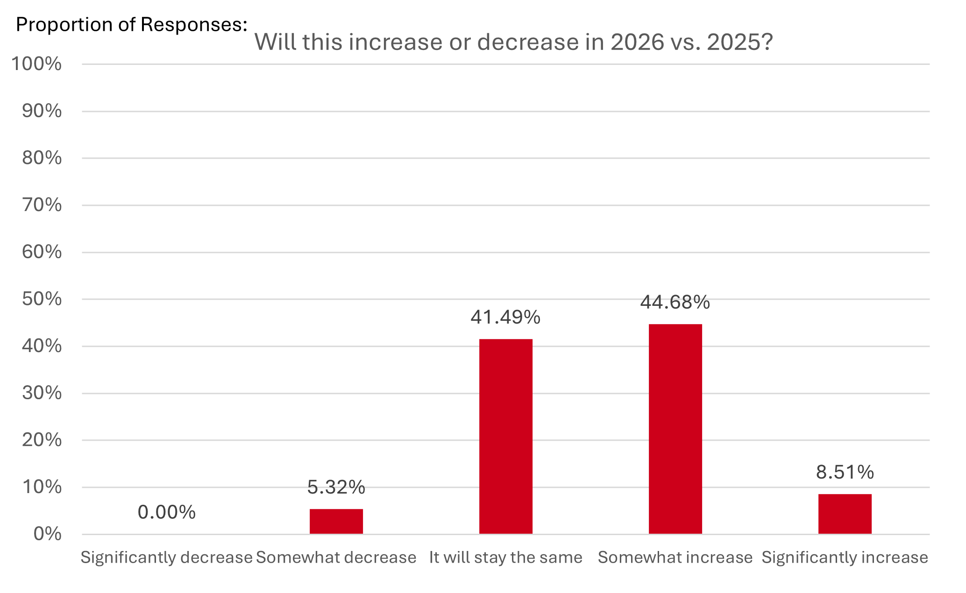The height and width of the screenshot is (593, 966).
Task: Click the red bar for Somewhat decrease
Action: [x=336, y=521]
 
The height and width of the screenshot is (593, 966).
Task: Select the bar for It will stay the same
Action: [x=505, y=436]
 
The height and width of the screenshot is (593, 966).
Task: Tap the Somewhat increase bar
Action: [x=675, y=429]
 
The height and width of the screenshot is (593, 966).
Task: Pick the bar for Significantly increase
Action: [x=845, y=514]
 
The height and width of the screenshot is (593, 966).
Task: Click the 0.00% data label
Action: [x=166, y=512]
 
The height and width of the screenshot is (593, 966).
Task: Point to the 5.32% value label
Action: [x=336, y=487]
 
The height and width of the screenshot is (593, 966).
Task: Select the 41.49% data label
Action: [x=505, y=317]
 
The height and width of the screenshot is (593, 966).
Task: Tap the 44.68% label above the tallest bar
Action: [x=675, y=302]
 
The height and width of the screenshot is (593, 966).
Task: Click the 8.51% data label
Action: [x=845, y=472]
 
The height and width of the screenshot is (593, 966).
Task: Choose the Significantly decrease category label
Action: [x=166, y=557]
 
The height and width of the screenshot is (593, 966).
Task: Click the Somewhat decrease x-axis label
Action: [x=336, y=557]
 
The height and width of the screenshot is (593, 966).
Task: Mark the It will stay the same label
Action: [x=505, y=557]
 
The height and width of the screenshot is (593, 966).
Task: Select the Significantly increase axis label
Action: [x=845, y=557]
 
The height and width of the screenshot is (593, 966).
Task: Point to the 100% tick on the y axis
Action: [x=36, y=64]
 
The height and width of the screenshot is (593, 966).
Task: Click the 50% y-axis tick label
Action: [x=42, y=299]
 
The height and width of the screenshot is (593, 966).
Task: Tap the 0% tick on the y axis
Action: [x=47, y=534]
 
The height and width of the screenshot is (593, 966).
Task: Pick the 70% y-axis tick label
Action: [x=42, y=205]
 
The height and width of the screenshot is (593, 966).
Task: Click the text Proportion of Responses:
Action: [x=131, y=24]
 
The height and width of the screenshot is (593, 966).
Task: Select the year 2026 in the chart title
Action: [x=637, y=42]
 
